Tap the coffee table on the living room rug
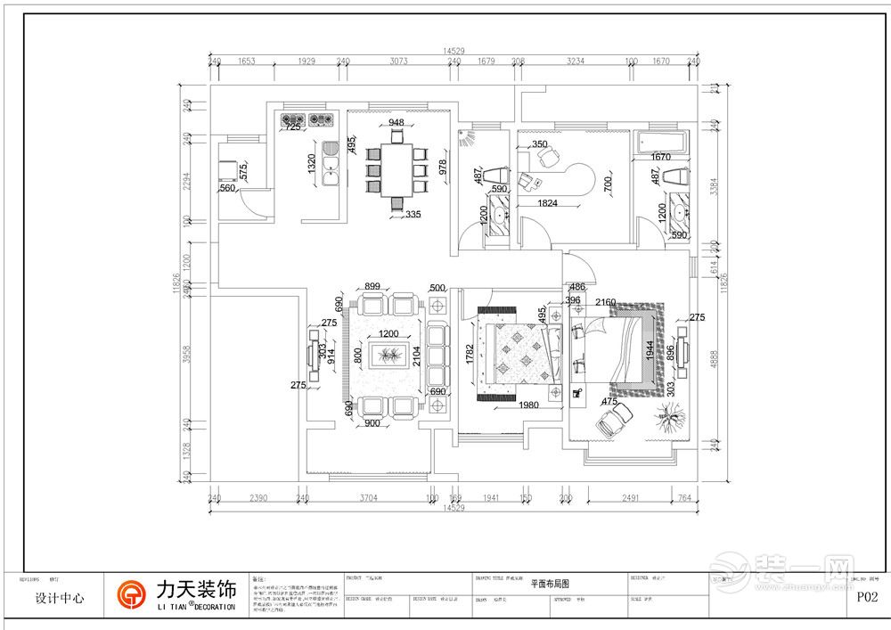point(388,356)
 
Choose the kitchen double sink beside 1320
point(331,163)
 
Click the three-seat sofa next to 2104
point(437,354)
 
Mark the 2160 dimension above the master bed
point(607,302)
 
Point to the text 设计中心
point(60,599)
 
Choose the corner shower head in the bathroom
point(467,138)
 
